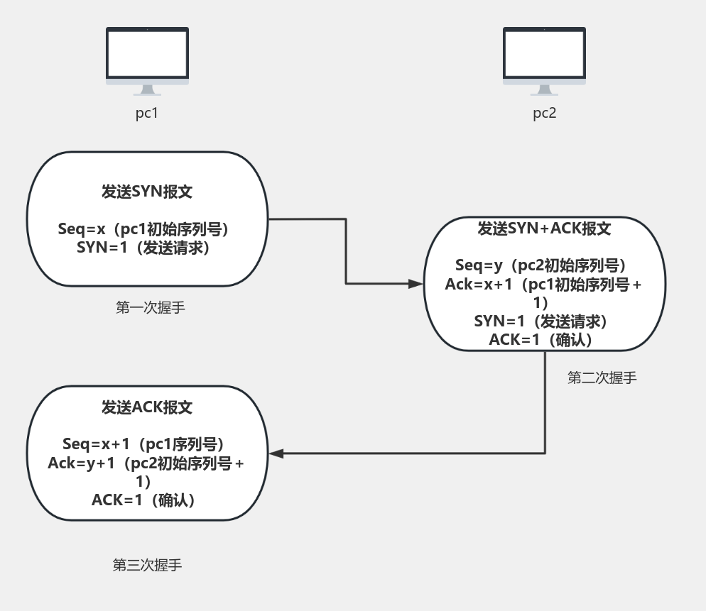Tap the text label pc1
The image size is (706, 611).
(x=146, y=113)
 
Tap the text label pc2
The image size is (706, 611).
(x=544, y=113)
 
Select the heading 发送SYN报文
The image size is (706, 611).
(x=147, y=192)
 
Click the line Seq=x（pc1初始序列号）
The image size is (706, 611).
(x=147, y=229)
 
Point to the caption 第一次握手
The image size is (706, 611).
(x=151, y=308)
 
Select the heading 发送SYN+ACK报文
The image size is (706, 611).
(x=544, y=229)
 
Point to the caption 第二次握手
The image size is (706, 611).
(x=602, y=378)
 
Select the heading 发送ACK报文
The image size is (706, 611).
(x=147, y=407)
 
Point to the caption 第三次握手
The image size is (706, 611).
(x=148, y=565)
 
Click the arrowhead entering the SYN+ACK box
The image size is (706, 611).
(x=416, y=283)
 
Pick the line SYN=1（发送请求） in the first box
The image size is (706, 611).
(x=147, y=248)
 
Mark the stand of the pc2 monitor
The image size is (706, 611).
(x=544, y=90)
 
